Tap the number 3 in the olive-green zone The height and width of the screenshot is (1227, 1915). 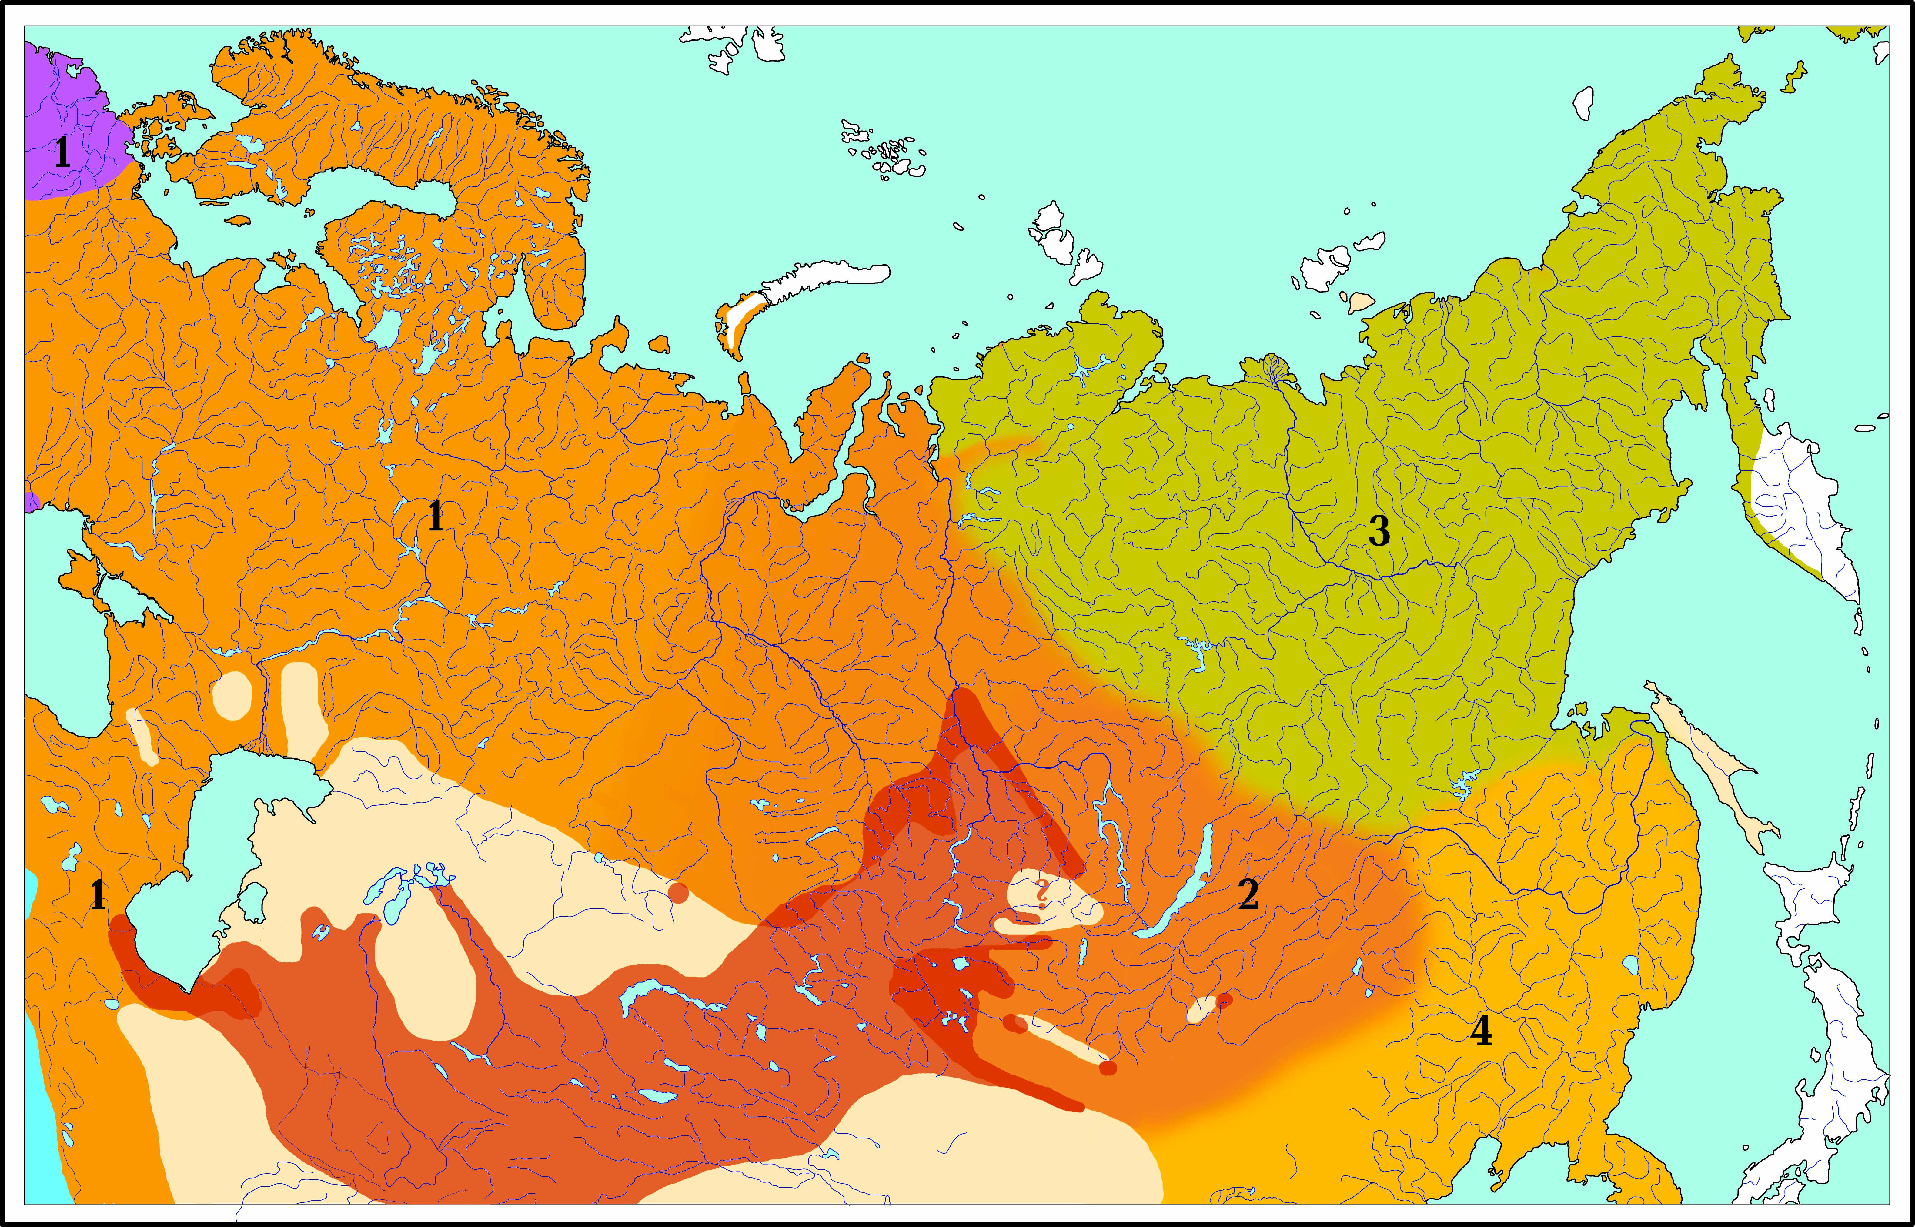[x=1379, y=531]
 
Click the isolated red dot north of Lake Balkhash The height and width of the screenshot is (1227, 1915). [x=678, y=892]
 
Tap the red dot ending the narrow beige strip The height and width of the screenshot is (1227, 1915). [x=1107, y=1068]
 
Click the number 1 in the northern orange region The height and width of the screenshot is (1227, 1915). [x=435, y=516]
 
